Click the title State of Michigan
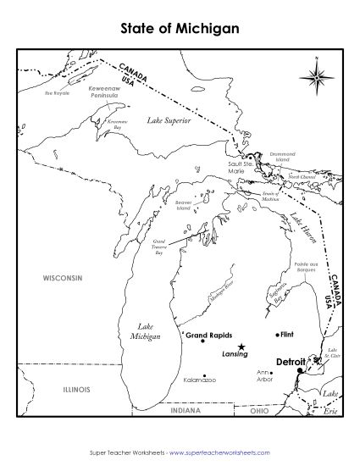pyautogui.click(x=180, y=28)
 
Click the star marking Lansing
pyautogui.click(x=241, y=347)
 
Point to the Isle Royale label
pyautogui.click(x=57, y=93)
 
